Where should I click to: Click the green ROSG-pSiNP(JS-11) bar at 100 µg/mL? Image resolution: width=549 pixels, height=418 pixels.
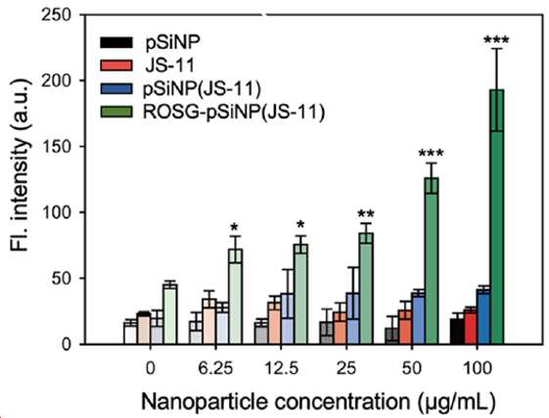point(497,217)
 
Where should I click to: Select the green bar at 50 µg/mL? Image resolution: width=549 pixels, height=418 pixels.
point(432,261)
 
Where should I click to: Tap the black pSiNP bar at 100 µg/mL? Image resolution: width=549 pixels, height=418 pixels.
point(457,332)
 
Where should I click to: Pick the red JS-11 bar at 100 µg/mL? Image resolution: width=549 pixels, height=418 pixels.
point(470,327)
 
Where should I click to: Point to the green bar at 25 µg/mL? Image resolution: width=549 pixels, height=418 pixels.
point(366,289)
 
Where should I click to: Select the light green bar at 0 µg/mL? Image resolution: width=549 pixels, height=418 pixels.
point(170,314)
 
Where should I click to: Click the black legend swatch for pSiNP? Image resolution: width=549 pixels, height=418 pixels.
point(116,42)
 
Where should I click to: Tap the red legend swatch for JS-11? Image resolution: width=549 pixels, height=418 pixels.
point(116,66)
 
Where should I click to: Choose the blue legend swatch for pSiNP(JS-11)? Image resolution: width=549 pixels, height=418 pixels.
point(116,89)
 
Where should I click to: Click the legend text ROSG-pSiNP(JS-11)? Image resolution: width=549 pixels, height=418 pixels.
point(234,113)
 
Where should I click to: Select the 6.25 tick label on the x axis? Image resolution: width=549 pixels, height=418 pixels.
point(216,369)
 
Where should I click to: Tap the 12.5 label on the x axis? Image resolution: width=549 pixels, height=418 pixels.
point(281,369)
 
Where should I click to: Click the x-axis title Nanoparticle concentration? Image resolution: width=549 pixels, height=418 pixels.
point(275,401)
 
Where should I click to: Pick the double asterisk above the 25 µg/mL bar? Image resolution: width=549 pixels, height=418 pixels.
point(366,213)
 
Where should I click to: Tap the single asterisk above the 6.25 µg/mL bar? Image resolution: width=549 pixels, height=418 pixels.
point(234,228)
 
